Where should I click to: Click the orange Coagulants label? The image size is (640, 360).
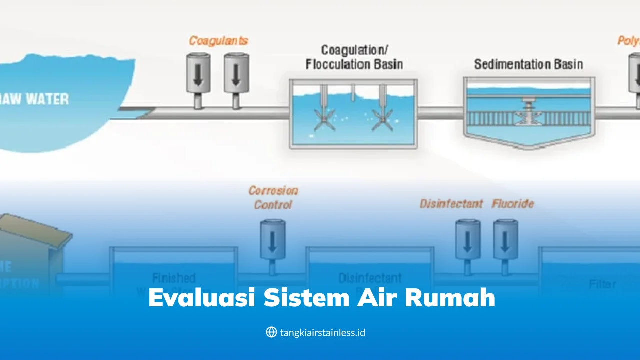pyautogui.click(x=218, y=41)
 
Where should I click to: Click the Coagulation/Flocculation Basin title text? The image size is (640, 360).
pyautogui.click(x=354, y=57)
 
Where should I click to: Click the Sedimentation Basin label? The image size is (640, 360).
pyautogui.click(x=528, y=64)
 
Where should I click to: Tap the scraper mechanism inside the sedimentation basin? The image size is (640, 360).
pyautogui.click(x=529, y=113)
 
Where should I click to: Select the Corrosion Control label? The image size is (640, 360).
pyautogui.click(x=273, y=197)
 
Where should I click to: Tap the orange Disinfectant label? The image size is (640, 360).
pyautogui.click(x=451, y=204)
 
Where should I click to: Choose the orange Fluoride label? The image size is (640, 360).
pyautogui.click(x=513, y=204)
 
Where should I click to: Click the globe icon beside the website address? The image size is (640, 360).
pyautogui.click(x=271, y=332)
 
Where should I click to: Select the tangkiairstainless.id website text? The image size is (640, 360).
pyautogui.click(x=323, y=332)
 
